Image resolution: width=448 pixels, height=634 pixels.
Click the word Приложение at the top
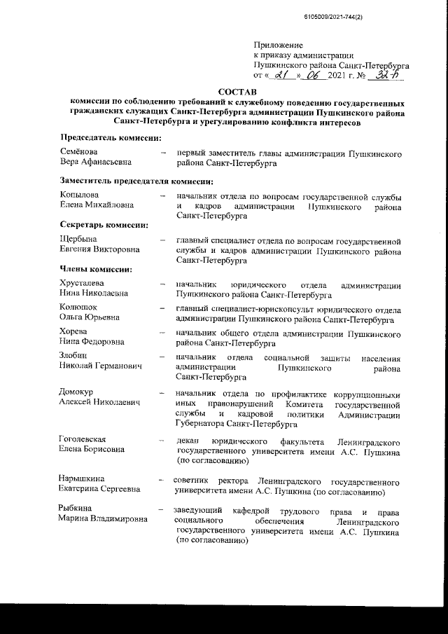pyautogui.click(x=276, y=44)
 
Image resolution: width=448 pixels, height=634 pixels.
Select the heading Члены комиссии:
pyautogui.click(x=97, y=269)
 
